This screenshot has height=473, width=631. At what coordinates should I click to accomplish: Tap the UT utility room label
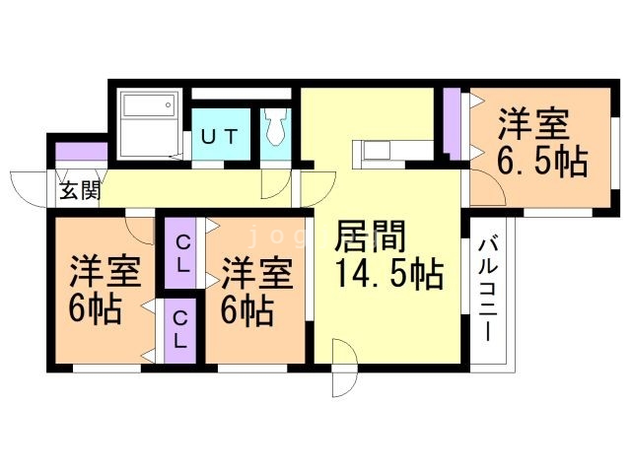(219, 137)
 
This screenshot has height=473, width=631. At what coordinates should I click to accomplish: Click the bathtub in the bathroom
(148, 124)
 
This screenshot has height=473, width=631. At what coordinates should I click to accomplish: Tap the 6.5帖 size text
(541, 161)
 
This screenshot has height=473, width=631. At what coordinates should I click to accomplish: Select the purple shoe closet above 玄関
(81, 153)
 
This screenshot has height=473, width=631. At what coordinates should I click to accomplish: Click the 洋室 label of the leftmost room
(105, 271)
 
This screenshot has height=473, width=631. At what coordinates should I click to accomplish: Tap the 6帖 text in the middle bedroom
(247, 311)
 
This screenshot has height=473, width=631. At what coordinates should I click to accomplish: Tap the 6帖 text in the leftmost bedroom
(96, 310)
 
